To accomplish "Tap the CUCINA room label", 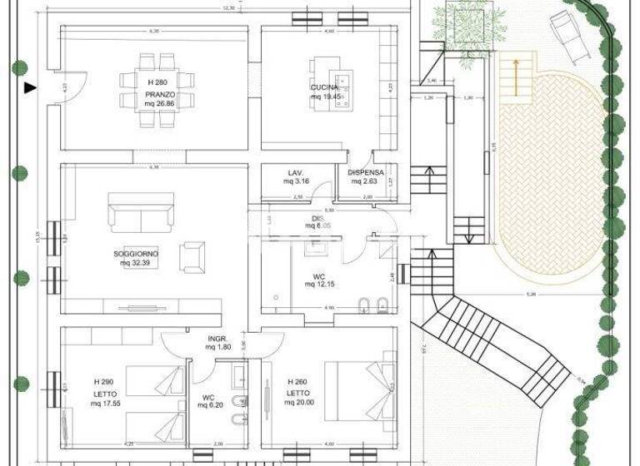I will click(325, 87).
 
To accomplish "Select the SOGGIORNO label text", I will click(137, 253).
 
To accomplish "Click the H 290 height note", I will click(105, 381).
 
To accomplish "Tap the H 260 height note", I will click(298, 381).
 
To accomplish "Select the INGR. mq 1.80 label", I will click(217, 342).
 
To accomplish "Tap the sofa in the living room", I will click(140, 214).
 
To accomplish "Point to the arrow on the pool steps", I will click(516, 75).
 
